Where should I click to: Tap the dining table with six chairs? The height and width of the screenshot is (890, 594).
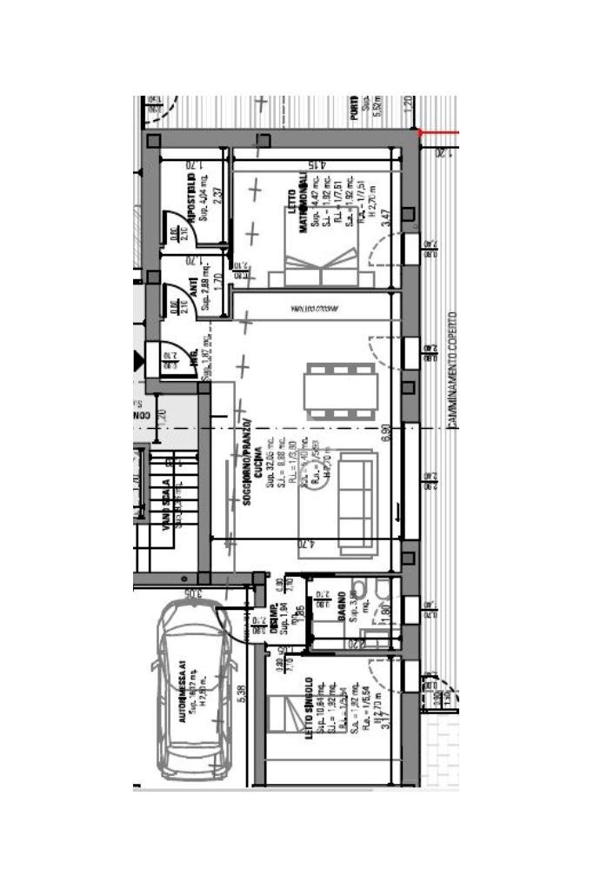click(x=340, y=390)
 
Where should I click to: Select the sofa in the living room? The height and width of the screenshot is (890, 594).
click(x=356, y=502)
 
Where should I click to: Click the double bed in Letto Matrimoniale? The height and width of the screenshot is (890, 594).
click(x=323, y=266)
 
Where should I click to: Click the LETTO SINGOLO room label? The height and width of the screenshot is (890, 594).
click(x=310, y=708)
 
